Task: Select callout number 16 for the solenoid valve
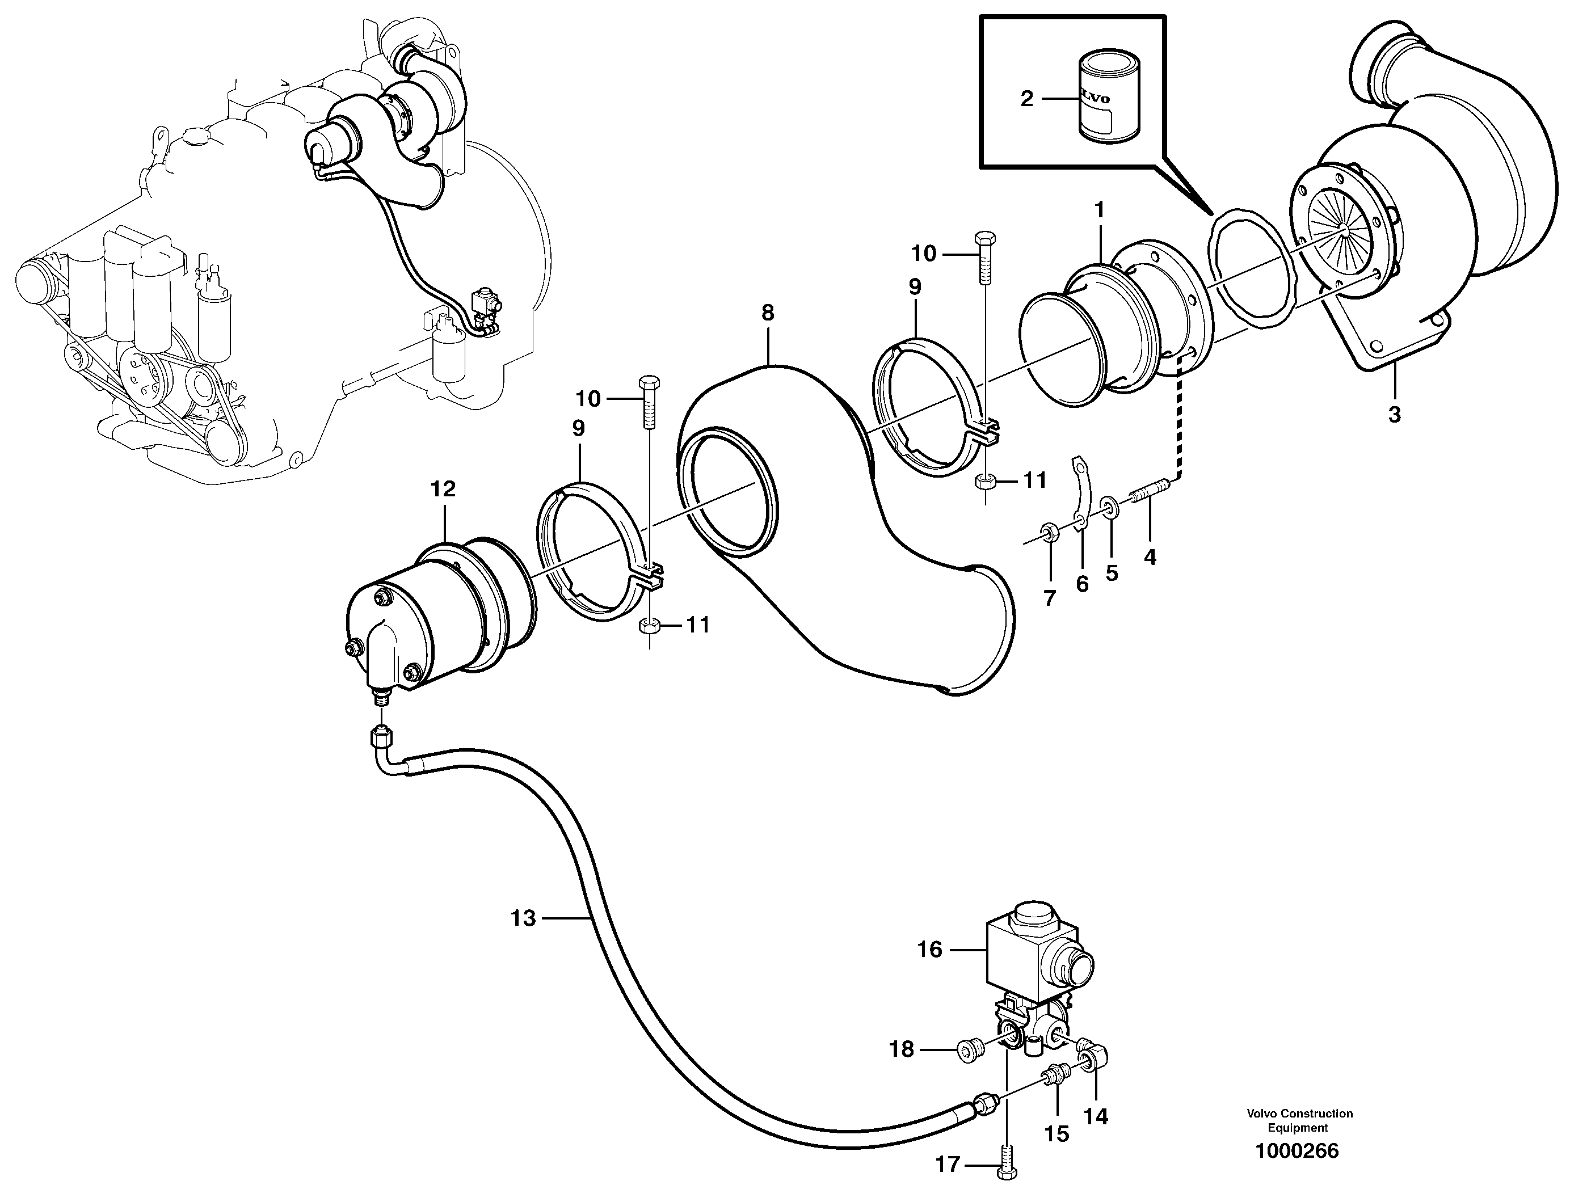pos(929,950)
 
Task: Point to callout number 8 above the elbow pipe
pos(767,313)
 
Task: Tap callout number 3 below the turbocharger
pos(1394,414)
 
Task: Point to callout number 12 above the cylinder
pos(443,490)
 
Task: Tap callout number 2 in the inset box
pos(1026,99)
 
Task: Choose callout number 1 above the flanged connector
pos(1099,210)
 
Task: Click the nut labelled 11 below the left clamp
pos(646,626)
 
